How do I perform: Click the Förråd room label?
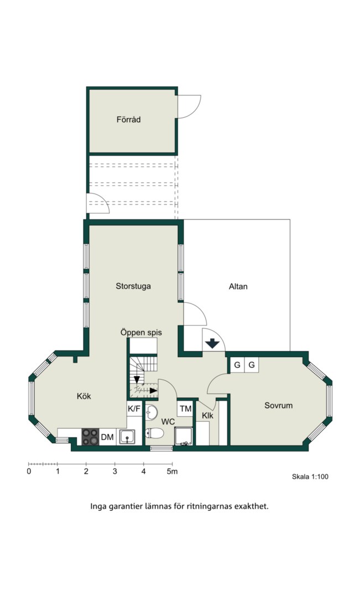(128, 119)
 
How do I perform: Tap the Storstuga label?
(133, 286)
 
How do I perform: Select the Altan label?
(238, 286)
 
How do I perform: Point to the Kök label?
(84, 396)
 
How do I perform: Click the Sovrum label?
(279, 406)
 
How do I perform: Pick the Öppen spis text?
(141, 332)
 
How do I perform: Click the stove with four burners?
(90, 437)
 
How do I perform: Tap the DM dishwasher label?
(107, 437)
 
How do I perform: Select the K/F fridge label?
(134, 409)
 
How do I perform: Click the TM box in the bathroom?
(185, 409)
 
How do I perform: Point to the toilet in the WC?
(154, 433)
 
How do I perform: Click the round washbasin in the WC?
(152, 412)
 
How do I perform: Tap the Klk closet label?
(207, 415)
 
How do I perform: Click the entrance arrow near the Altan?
(212, 344)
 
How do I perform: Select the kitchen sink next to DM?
(127, 437)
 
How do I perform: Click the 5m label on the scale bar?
(172, 472)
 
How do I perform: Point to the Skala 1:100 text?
(310, 476)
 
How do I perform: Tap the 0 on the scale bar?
(29, 472)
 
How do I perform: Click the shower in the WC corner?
(184, 436)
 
